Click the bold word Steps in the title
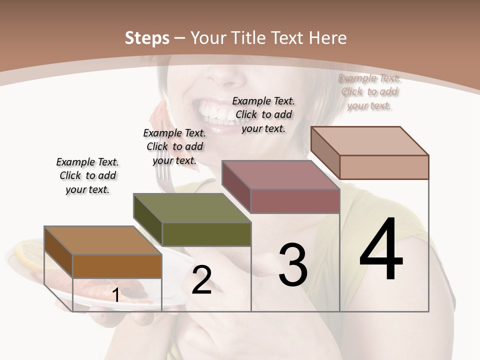pyautogui.click(x=147, y=38)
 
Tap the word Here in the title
pyautogui.click(x=327, y=38)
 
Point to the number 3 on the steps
pyautogui.click(x=292, y=265)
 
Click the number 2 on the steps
pyautogui.click(x=201, y=280)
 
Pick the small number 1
pyautogui.click(x=116, y=295)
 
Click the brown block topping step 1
pyautogui.click(x=116, y=265)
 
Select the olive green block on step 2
pyautogui.click(x=206, y=234)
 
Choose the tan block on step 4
pyautogui.click(x=383, y=166)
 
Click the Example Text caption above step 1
pyautogui.click(x=87, y=175)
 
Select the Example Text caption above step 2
pyautogui.click(x=174, y=146)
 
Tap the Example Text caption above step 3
pyautogui.click(x=263, y=114)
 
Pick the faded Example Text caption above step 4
pyautogui.click(x=369, y=91)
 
